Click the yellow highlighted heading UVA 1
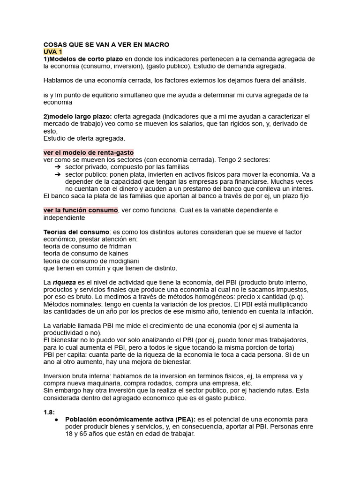tap(52, 52)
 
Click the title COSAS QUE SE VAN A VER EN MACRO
tap(106, 45)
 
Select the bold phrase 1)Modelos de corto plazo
tap(83, 59)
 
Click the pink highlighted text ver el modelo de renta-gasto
tap(89, 152)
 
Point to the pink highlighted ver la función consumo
tap(81, 210)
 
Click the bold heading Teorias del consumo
tap(76, 232)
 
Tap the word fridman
tap(120, 246)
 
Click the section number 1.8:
tap(49, 412)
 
